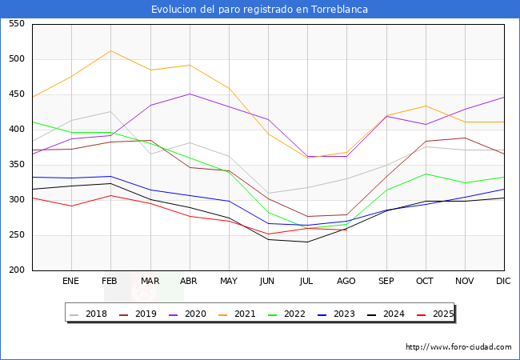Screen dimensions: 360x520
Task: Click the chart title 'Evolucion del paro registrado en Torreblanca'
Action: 260,10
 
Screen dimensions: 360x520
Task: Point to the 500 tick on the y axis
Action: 15,59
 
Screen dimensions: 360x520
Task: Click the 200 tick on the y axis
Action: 15,270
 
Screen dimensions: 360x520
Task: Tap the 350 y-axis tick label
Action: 15,165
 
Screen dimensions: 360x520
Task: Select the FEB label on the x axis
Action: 110,282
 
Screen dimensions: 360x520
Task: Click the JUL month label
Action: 307,282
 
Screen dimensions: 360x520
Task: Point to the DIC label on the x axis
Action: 504,282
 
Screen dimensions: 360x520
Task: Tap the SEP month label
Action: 386,282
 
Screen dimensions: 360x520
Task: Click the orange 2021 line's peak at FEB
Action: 110,50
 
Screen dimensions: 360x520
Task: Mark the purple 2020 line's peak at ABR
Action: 190,94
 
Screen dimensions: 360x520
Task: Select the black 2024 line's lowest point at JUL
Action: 307,242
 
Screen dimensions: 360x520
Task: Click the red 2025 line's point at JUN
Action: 268,234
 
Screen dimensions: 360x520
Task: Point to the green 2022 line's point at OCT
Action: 426,174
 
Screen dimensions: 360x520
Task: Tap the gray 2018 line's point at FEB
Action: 110,111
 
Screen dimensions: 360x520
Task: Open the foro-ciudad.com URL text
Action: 458,347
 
